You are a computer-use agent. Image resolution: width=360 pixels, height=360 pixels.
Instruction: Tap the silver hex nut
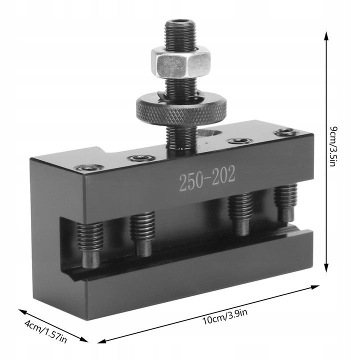coord(180,62)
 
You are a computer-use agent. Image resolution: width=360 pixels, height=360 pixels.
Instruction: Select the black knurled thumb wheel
coord(181,109)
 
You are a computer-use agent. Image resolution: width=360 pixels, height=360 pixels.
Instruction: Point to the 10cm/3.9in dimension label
coord(225,316)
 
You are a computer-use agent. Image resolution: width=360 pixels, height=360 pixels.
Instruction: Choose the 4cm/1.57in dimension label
coord(45,332)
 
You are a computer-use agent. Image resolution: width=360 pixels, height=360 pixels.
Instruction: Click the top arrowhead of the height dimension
coord(326,35)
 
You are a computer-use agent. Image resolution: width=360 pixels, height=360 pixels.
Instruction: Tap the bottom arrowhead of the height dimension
coord(326,267)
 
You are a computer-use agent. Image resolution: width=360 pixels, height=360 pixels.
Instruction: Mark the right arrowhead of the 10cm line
coord(315,287)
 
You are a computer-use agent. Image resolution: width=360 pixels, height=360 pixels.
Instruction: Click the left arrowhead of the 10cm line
coord(102,340)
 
